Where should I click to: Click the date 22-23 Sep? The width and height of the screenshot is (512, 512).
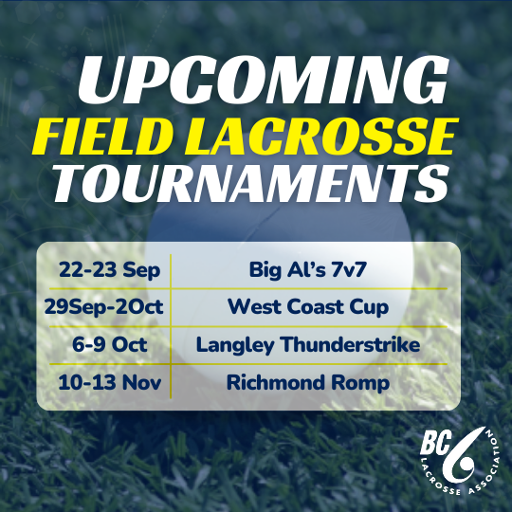pyautogui.click(x=104, y=270)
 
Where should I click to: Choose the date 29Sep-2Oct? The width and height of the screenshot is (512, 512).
pyautogui.click(x=104, y=307)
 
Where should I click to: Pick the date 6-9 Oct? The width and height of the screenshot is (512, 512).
pyautogui.click(x=104, y=344)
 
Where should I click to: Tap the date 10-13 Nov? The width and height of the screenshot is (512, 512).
pyautogui.click(x=104, y=382)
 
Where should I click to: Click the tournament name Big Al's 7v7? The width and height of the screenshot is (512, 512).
pyautogui.click(x=308, y=270)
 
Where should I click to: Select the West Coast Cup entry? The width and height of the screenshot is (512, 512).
pyautogui.click(x=308, y=307)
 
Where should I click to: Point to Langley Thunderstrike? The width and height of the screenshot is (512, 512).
pyautogui.click(x=308, y=344)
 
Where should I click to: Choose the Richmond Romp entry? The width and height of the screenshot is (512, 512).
pyautogui.click(x=308, y=382)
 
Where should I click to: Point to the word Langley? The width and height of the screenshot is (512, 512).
pyautogui.click(x=230, y=345)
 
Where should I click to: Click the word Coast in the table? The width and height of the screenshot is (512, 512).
pyautogui.click(x=315, y=307)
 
